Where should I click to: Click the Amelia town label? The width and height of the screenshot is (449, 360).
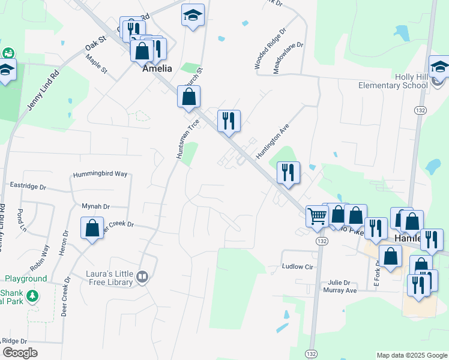click(x=157, y=68)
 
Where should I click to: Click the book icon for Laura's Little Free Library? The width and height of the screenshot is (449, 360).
click(x=142, y=277)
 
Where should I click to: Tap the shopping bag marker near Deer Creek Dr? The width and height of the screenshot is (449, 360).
click(x=92, y=229)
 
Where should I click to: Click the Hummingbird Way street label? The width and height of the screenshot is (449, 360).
click(x=100, y=174)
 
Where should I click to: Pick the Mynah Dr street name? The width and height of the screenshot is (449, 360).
click(x=96, y=206)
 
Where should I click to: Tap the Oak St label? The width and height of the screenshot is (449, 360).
click(x=95, y=43)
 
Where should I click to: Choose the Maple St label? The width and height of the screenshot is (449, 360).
click(x=96, y=65)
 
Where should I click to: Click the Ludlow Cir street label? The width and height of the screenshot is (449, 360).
click(x=298, y=266)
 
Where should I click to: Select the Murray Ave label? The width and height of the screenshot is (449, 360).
click(x=342, y=290)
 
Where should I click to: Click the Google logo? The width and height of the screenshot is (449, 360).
click(x=20, y=353)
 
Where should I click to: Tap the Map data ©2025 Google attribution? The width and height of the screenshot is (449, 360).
click(x=411, y=355)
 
